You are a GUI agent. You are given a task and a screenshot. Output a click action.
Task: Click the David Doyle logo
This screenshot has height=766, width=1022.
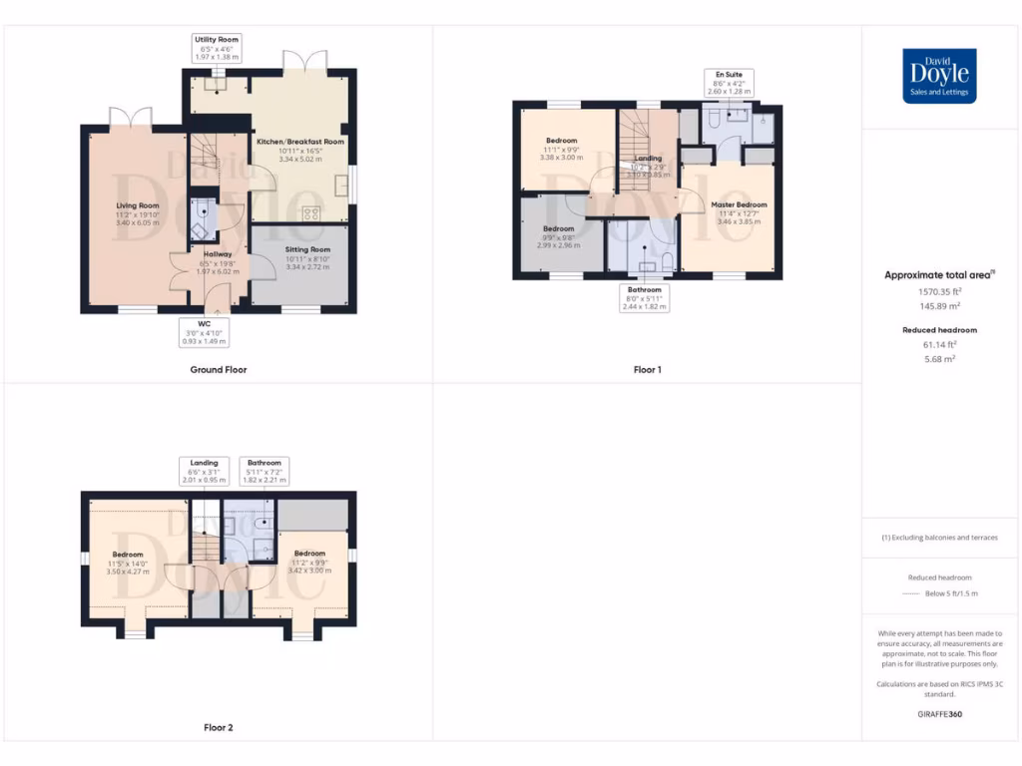tap(939, 76)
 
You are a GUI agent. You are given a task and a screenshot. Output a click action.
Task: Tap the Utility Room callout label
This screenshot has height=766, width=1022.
tap(217, 48)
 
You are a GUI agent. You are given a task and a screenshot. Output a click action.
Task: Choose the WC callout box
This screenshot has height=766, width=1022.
tap(205, 332)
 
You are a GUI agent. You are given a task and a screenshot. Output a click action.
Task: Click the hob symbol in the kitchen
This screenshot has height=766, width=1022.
tap(310, 212)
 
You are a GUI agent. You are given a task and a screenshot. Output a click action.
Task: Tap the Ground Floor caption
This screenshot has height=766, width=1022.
tap(219, 370)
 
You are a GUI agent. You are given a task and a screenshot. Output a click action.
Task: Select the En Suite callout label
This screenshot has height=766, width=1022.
tap(727, 82)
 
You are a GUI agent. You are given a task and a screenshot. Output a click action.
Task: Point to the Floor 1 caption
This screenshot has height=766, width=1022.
tap(647, 370)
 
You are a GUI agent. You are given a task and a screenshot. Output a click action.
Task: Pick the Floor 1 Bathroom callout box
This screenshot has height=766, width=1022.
tap(644, 298)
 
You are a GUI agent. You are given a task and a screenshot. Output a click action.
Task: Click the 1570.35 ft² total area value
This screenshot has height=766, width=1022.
tap(939, 292)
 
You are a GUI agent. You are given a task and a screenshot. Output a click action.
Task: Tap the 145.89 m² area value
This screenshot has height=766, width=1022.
tap(939, 306)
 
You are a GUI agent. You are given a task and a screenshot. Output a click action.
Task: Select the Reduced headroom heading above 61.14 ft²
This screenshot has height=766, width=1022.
tap(939, 329)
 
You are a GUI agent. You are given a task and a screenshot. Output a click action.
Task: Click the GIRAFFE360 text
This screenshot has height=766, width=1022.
tap(939, 714)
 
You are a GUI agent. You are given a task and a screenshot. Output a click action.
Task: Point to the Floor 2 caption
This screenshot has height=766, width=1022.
tap(218, 728)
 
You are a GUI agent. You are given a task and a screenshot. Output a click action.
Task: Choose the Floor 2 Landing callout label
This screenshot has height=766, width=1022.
tap(205, 471)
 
